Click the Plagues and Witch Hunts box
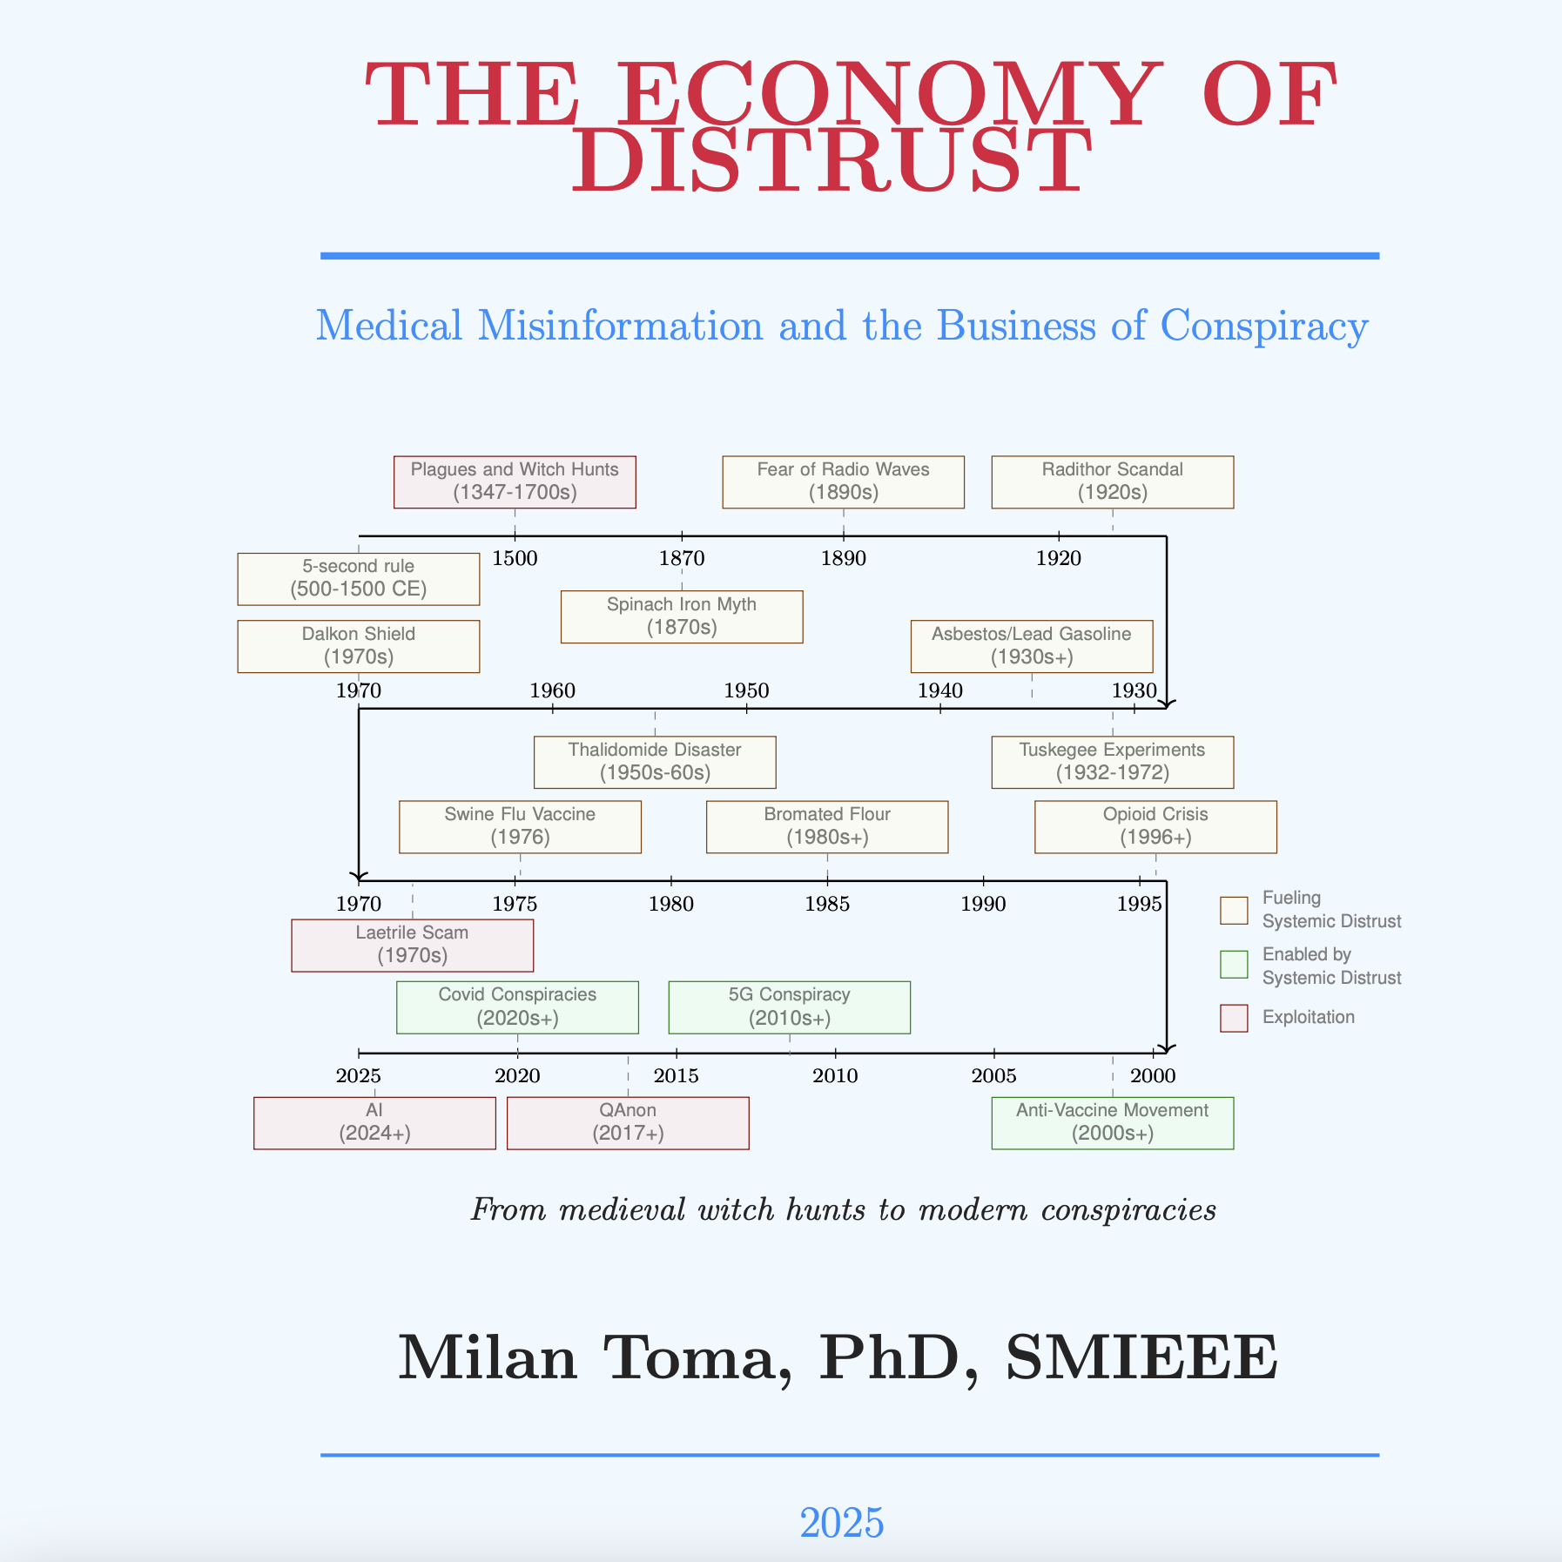click(515, 481)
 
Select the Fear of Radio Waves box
click(843, 481)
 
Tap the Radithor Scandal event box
click(1112, 481)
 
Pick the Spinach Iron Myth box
click(681, 616)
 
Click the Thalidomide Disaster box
click(655, 762)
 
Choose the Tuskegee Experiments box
click(1112, 762)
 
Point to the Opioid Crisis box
click(1155, 826)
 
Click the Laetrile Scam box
click(412, 945)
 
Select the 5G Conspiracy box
click(789, 1007)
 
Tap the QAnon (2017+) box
click(628, 1122)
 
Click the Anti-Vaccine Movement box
click(1112, 1122)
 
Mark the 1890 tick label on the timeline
click(843, 559)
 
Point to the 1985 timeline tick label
click(827, 905)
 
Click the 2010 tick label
click(835, 1076)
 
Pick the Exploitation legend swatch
click(1234, 1018)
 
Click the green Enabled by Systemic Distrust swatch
click(1234, 965)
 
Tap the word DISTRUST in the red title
click(831, 161)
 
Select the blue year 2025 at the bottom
click(842, 1523)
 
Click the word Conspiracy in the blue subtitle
click(1264, 327)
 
